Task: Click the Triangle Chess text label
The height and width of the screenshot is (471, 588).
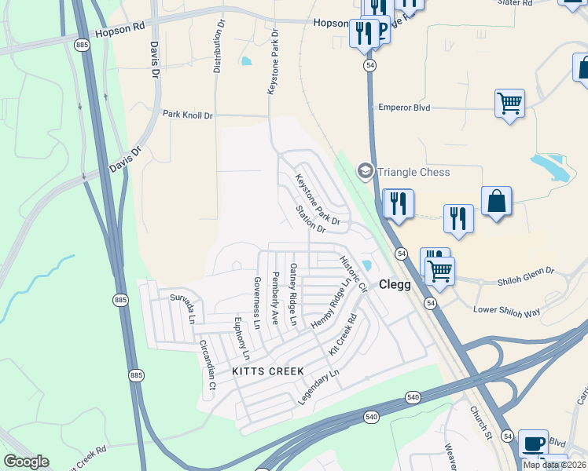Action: (x=413, y=172)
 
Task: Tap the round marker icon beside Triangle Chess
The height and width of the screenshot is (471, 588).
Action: (x=365, y=170)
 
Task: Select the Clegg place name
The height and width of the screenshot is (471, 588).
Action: (x=395, y=285)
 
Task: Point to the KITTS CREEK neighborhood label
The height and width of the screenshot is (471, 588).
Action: (x=263, y=370)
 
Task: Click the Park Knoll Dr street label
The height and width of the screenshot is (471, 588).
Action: (x=187, y=115)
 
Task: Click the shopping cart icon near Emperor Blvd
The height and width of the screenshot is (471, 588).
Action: (x=509, y=102)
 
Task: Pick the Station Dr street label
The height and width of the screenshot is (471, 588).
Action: (x=311, y=219)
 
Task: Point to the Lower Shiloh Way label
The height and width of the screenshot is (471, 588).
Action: (x=507, y=310)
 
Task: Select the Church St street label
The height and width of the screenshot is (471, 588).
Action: (x=480, y=421)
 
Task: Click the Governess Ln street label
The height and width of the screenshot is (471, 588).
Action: (x=256, y=302)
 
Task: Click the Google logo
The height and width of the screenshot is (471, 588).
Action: (x=26, y=462)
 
